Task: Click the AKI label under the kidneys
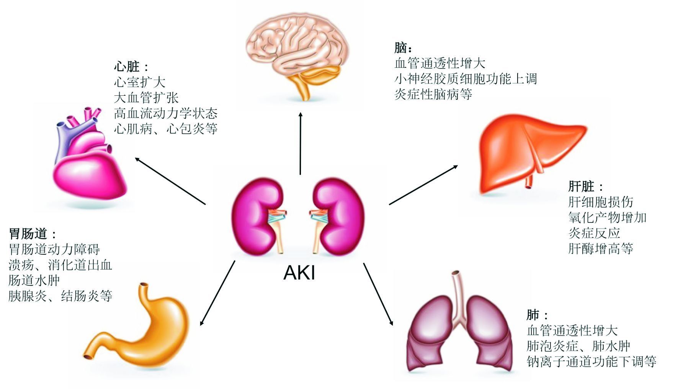(299, 273)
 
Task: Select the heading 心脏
(127, 67)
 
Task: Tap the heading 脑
(400, 48)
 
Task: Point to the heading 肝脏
(581, 186)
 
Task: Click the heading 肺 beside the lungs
(533, 315)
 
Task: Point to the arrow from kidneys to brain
(301, 144)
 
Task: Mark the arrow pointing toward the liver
(423, 185)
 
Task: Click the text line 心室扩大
(140, 82)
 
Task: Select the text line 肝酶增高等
(600, 248)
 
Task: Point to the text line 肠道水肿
(34, 280)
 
